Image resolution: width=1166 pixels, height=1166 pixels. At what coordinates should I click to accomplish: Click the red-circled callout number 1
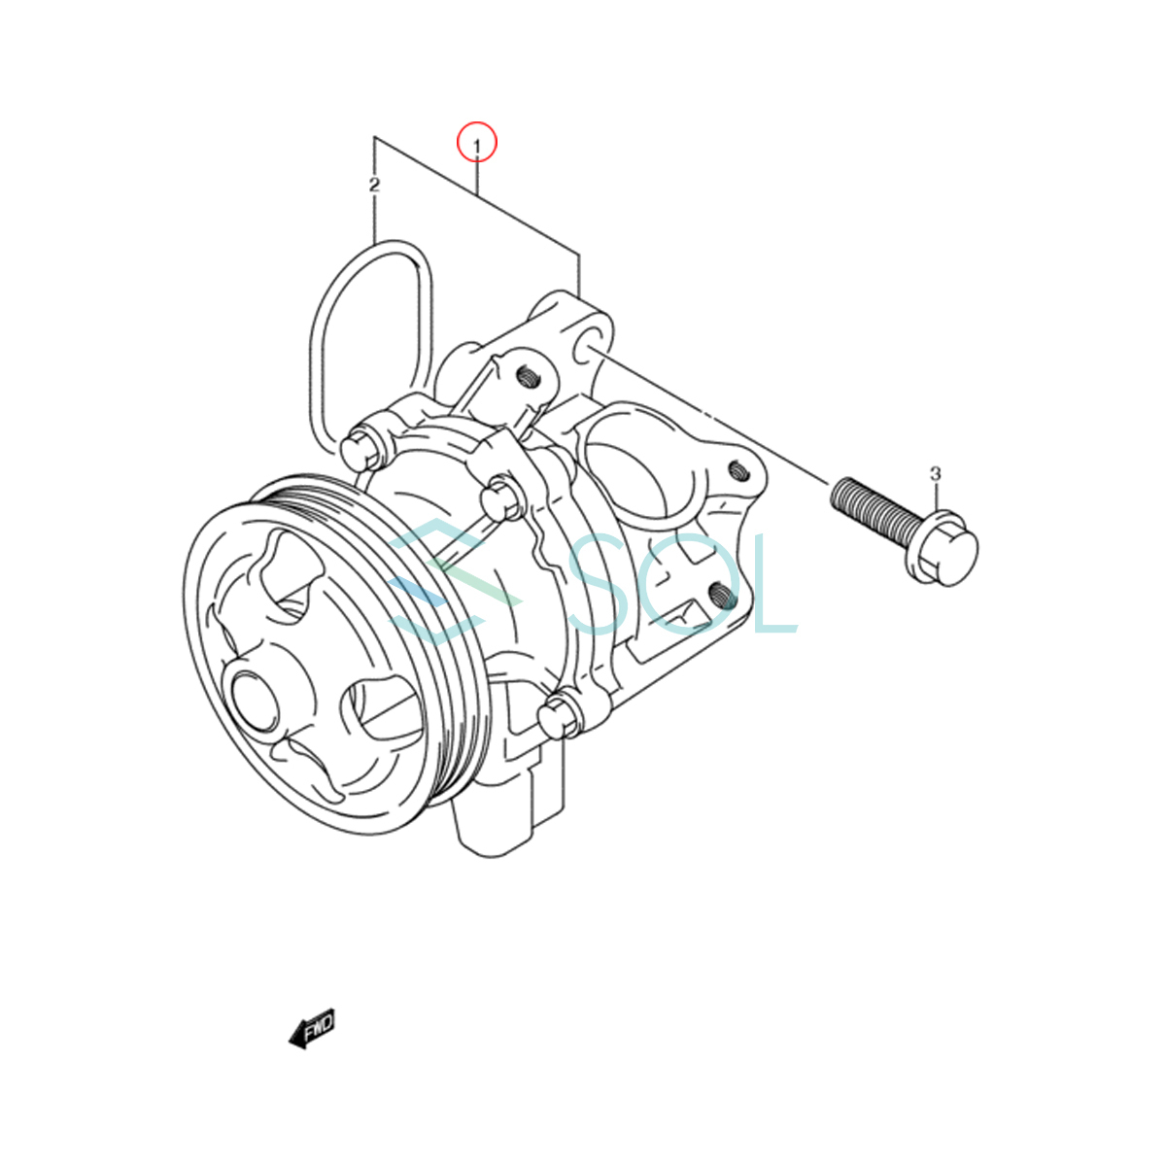(x=476, y=147)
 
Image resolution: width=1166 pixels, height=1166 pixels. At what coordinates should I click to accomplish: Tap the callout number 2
(x=374, y=185)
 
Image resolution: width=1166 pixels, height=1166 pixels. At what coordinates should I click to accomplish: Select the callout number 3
(x=936, y=473)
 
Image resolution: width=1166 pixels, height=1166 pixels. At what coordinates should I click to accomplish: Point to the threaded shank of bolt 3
(x=872, y=507)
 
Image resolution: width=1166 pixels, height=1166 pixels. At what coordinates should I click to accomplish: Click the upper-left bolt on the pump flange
(x=361, y=450)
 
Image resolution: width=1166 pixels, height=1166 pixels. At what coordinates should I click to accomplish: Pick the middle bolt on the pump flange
(x=503, y=499)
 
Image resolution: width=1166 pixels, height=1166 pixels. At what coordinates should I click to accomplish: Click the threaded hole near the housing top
(x=527, y=379)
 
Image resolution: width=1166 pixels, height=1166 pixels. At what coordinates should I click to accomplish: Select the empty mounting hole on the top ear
(x=586, y=353)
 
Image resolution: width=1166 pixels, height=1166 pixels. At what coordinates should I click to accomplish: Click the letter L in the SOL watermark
(x=776, y=583)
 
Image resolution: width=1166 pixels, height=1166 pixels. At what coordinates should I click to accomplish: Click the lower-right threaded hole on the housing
(x=720, y=596)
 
